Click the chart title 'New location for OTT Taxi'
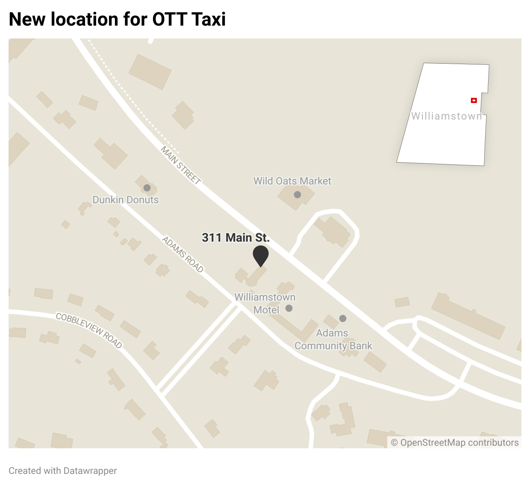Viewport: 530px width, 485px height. [117, 19]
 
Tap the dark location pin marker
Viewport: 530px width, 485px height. [260, 255]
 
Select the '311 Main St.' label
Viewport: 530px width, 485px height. [236, 237]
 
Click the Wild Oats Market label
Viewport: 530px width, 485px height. [292, 181]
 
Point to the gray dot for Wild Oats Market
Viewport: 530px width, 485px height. [297, 195]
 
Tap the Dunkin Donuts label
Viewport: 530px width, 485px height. [126, 200]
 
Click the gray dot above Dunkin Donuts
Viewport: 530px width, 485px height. [147, 188]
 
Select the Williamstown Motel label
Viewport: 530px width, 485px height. [265, 303]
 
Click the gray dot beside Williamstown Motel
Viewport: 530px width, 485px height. [289, 308]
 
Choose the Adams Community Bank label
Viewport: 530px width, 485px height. [333, 339]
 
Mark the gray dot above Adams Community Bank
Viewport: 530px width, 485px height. [343, 318]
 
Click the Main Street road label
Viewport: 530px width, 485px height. [181, 165]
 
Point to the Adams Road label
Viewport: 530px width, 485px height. [183, 254]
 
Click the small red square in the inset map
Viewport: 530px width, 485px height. [474, 100]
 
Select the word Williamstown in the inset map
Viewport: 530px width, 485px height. [447, 116]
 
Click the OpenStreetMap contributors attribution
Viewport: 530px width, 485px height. [455, 443]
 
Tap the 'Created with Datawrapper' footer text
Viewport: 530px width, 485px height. [63, 470]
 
